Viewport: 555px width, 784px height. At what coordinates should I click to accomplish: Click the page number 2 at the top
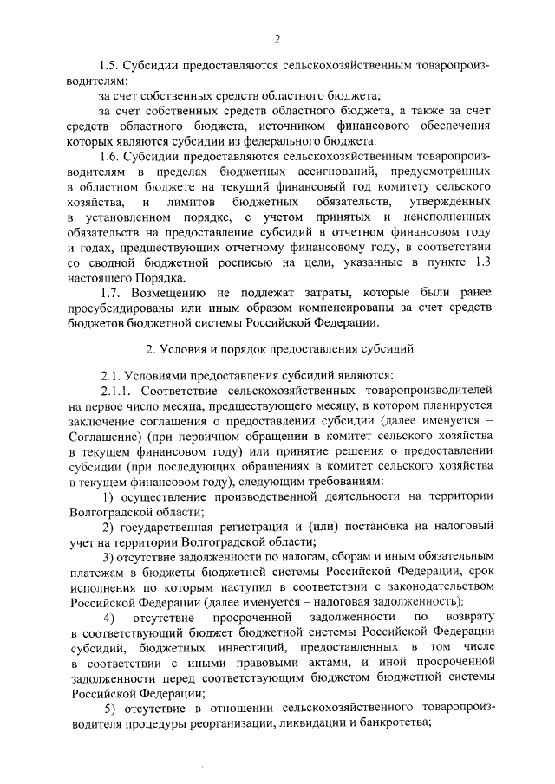277,38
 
